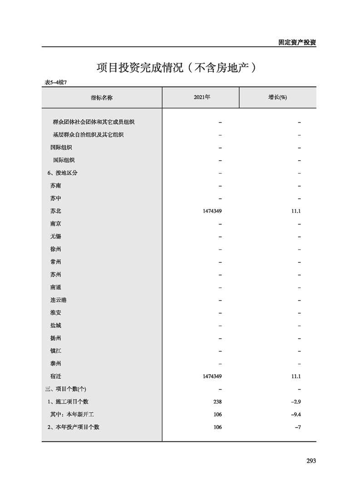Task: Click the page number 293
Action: tap(311, 461)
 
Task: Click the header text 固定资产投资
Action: tap(297, 42)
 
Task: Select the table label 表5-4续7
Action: tap(56, 82)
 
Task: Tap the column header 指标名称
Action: tap(102, 98)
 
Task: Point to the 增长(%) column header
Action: tap(277, 98)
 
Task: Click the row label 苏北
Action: tap(56, 211)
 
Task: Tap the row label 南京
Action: tap(56, 224)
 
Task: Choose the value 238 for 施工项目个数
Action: tap(217, 402)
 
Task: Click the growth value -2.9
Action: tap(296, 402)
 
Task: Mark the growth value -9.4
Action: tap(296, 415)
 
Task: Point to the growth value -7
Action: tap(298, 427)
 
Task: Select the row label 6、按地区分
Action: tap(63, 173)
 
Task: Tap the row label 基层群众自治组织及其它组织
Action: tap(88, 135)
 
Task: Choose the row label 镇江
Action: tap(56, 351)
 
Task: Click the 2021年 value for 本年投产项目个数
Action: tap(217, 427)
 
